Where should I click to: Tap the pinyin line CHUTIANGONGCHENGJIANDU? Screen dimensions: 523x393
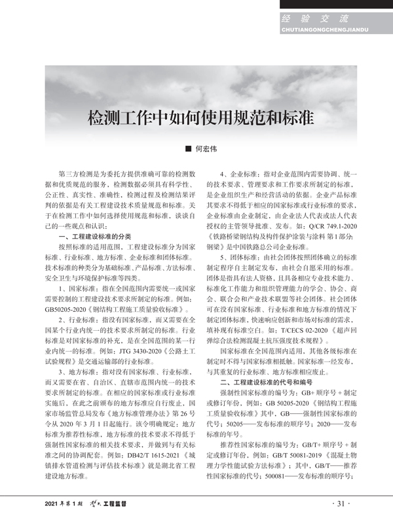[315, 30]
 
